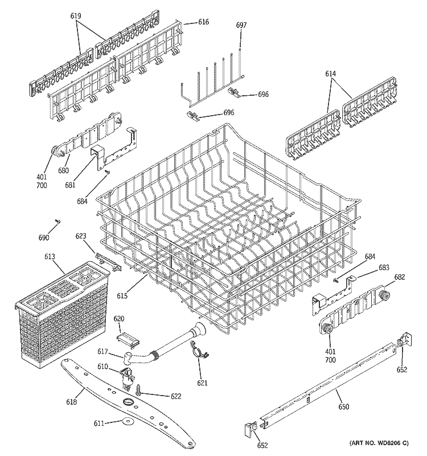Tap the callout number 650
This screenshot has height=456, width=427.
(x=343, y=407)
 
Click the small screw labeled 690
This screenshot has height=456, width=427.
(x=58, y=221)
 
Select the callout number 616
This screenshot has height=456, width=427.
(x=203, y=22)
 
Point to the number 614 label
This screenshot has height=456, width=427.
(x=331, y=74)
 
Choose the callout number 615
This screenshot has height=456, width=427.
(x=123, y=295)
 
